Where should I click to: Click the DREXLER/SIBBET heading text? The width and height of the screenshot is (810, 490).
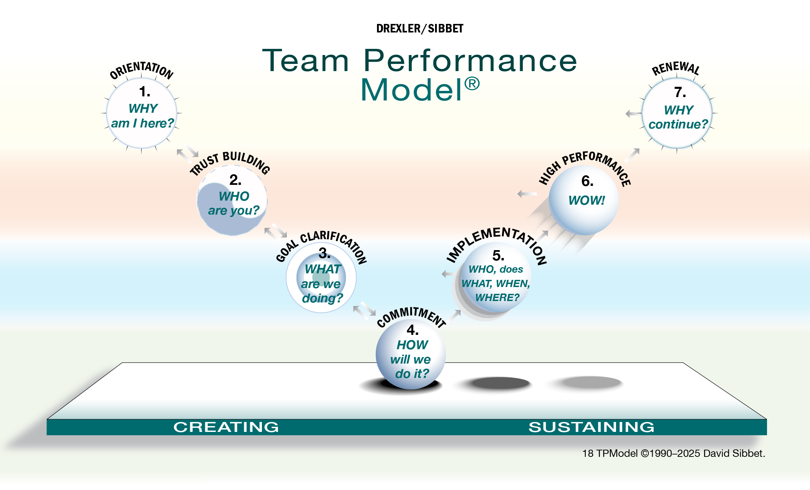[x=420, y=29]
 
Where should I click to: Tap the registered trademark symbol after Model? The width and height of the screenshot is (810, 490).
[x=472, y=84]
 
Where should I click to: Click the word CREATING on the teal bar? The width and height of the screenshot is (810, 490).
[x=226, y=427]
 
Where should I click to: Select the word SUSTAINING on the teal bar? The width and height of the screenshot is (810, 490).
[x=591, y=427]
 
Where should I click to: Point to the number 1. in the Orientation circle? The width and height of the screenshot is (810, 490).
[x=145, y=92]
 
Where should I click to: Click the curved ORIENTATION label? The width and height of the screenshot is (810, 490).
[x=141, y=70]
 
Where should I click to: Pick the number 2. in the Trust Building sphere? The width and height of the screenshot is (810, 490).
[x=235, y=180]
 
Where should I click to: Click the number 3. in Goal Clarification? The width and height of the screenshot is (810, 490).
[x=324, y=253]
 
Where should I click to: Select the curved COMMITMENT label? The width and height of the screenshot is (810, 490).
[x=411, y=317]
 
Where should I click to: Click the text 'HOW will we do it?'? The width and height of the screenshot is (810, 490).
[x=411, y=359]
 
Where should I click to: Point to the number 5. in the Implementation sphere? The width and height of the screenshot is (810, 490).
[x=498, y=256]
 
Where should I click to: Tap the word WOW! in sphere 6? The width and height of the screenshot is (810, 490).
[x=587, y=200]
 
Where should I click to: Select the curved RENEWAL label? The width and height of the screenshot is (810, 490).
[x=676, y=68]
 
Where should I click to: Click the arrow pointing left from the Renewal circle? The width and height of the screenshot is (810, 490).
[x=633, y=114]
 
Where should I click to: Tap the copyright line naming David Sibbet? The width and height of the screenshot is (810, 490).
[x=673, y=453]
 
